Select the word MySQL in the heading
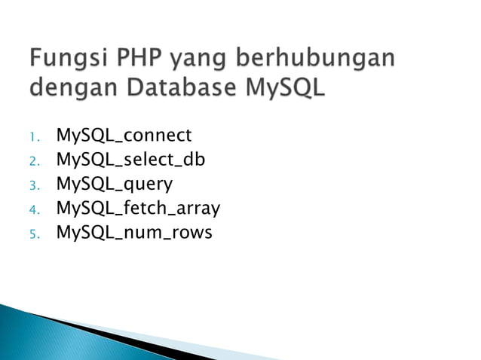pyautogui.click(x=286, y=88)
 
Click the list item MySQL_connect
pyautogui.click(x=124, y=136)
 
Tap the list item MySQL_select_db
pyautogui.click(x=130, y=160)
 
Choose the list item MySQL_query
pyautogui.click(x=114, y=185)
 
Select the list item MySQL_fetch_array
pyautogui.click(x=138, y=209)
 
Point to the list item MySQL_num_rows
pyautogui.click(x=134, y=233)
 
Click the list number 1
pyautogui.click(x=33, y=137)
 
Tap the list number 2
pyautogui.click(x=33, y=161)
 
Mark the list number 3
pyautogui.click(x=33, y=185)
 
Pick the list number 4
pyautogui.click(x=33, y=209)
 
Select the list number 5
pyautogui.click(x=33, y=233)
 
